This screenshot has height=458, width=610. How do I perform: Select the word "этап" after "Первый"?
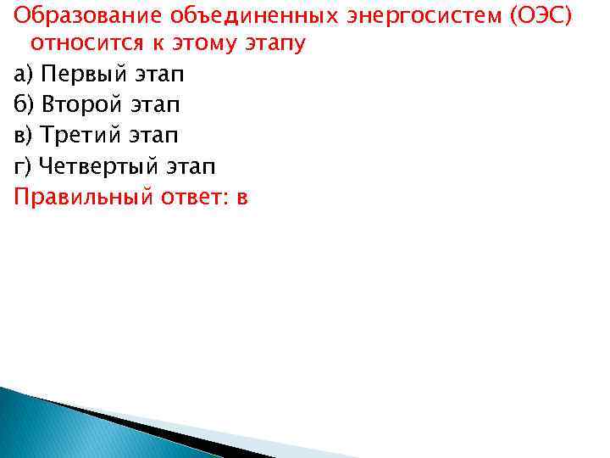coord(155,75)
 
